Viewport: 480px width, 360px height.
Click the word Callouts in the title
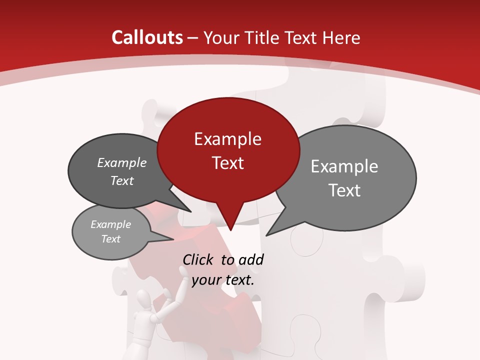coord(147,37)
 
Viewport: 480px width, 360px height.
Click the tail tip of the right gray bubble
coord(267,234)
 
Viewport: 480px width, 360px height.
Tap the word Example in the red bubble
coord(227,139)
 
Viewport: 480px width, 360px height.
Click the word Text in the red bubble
coord(227,163)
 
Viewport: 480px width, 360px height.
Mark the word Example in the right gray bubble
coord(344,166)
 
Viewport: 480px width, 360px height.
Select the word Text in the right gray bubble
coord(344,190)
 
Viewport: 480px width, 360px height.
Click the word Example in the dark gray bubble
coord(121,162)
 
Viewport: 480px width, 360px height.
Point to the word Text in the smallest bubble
coord(110,239)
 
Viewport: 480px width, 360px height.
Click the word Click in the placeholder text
coord(198,259)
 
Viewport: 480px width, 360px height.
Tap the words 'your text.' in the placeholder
coord(223,280)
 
